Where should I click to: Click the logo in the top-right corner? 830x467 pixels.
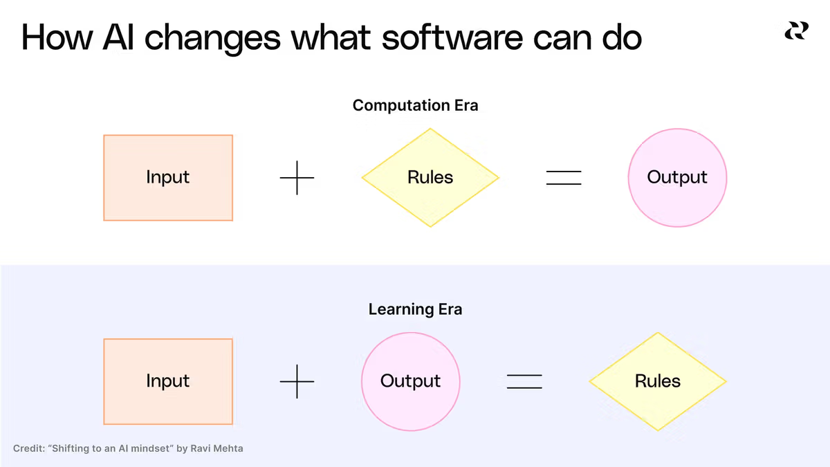tap(796, 30)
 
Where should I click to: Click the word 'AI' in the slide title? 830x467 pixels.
tap(118, 37)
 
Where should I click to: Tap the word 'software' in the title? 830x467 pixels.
tap(452, 37)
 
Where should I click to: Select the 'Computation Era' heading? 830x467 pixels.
tap(416, 105)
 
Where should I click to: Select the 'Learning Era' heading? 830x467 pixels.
tap(416, 309)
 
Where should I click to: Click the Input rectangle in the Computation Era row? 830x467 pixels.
tap(168, 178)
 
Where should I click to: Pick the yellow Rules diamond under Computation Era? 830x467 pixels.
tap(430, 178)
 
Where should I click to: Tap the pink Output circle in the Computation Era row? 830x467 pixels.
tap(677, 178)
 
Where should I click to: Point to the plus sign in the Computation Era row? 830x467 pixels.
tap(297, 178)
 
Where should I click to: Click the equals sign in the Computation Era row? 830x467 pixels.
tap(564, 178)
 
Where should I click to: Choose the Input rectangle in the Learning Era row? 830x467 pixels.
tap(168, 381)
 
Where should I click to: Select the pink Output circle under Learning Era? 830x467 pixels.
tap(411, 381)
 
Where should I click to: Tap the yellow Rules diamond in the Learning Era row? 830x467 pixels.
tap(658, 381)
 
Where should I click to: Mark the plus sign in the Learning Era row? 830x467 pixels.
tap(297, 381)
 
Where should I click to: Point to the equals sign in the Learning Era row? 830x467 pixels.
tap(524, 381)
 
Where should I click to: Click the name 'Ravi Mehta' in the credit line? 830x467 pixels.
tap(216, 448)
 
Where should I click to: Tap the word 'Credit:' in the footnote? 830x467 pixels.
tap(29, 448)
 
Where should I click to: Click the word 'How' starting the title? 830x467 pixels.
tap(57, 37)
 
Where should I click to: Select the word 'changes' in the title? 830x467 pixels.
tap(212, 39)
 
